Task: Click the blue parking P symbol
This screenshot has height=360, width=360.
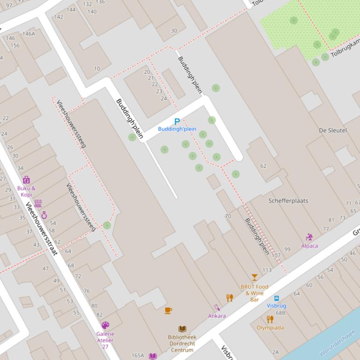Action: (177, 122)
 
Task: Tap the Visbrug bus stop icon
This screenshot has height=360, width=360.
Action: (276, 298)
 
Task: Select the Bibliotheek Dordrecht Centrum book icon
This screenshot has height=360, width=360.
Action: (182, 329)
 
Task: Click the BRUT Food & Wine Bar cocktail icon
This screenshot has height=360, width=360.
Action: (254, 277)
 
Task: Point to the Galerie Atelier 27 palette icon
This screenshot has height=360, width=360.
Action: (105, 325)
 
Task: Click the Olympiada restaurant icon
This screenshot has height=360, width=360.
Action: (270, 319)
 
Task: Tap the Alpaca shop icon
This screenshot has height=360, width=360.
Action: (309, 238)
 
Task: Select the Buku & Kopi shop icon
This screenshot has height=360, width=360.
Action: (26, 180)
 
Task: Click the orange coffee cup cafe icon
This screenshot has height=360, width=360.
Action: (169, 310)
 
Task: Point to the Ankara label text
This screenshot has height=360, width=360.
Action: (217, 316)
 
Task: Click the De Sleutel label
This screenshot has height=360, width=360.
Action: (332, 130)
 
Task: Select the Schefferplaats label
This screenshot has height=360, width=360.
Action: (288, 201)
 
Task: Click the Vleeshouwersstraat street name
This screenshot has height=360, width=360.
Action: (41, 228)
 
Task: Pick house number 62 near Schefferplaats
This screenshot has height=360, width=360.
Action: (263, 166)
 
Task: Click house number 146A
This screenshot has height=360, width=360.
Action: (29, 34)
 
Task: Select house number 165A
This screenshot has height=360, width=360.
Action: (138, 355)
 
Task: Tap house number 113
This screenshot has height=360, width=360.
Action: (267, 270)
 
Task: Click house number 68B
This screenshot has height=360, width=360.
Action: (280, 313)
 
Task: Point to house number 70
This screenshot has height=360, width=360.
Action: (228, 216)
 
